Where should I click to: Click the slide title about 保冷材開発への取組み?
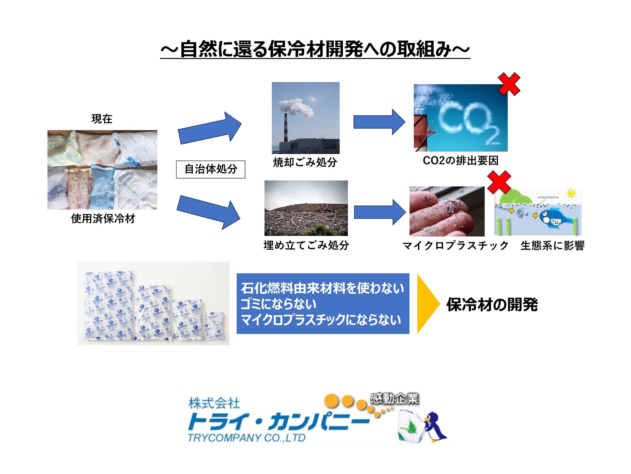click(x=315, y=50)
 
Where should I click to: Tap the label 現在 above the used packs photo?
click(x=102, y=119)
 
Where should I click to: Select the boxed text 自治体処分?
click(x=211, y=169)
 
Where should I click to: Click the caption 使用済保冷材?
click(x=103, y=219)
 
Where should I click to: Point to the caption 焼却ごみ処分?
click(x=305, y=162)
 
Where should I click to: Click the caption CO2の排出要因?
click(x=460, y=161)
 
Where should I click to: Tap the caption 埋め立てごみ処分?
click(x=306, y=245)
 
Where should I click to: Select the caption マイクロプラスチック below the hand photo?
click(x=455, y=245)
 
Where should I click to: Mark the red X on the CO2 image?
click(x=509, y=84)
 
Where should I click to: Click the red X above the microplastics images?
click(x=499, y=182)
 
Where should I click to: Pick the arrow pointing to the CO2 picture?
click(x=379, y=122)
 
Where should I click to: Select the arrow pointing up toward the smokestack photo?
click(x=210, y=128)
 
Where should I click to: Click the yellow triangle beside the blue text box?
click(x=428, y=304)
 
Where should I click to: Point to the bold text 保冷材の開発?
click(x=492, y=305)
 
